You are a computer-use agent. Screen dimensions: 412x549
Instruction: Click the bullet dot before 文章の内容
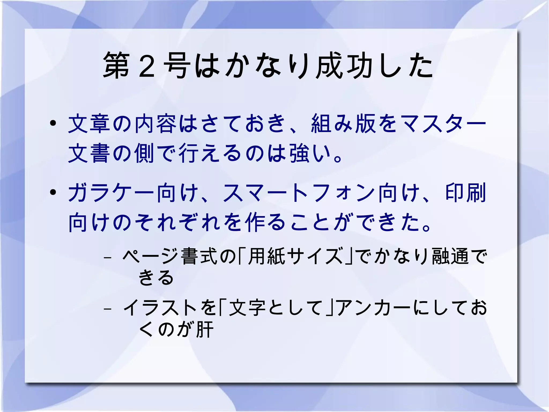pyautogui.click(x=53, y=123)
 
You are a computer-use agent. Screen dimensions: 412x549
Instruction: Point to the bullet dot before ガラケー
pyautogui.click(x=53, y=192)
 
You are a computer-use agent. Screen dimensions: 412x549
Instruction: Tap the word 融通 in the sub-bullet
pyautogui.click(x=450, y=256)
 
